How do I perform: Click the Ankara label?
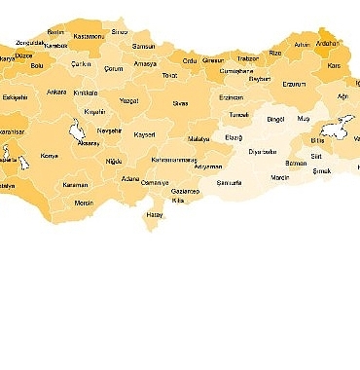pos(56,92)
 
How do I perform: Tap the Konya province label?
pos(49,156)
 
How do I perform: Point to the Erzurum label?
pos(293,84)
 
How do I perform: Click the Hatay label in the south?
pos(154,213)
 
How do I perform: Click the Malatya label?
pos(198,139)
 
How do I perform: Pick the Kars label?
pos(337,66)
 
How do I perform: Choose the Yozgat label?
pos(128,100)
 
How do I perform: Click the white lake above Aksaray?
pos(75,129)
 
